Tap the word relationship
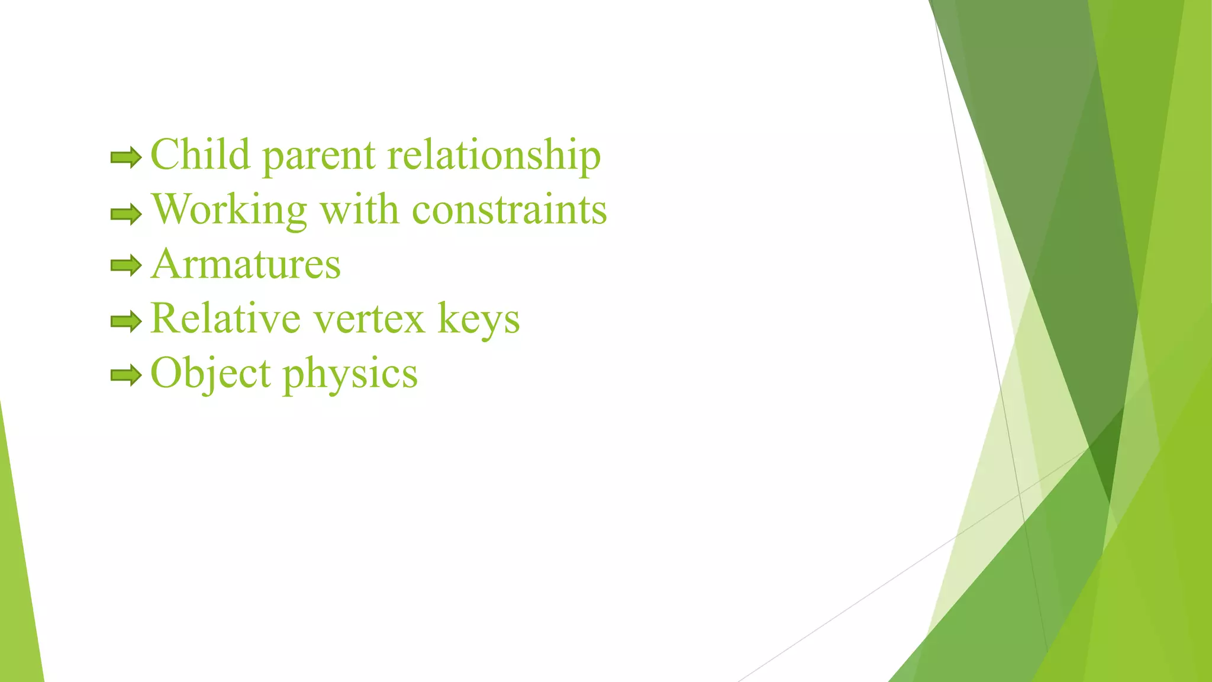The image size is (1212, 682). (494, 155)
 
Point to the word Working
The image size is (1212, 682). (230, 211)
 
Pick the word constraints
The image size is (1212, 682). (509, 210)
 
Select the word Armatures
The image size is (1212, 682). (246, 264)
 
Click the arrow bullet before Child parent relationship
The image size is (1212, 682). (126, 157)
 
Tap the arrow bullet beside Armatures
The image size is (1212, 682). (126, 265)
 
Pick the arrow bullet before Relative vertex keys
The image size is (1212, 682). (126, 321)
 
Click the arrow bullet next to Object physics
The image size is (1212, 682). (126, 375)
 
